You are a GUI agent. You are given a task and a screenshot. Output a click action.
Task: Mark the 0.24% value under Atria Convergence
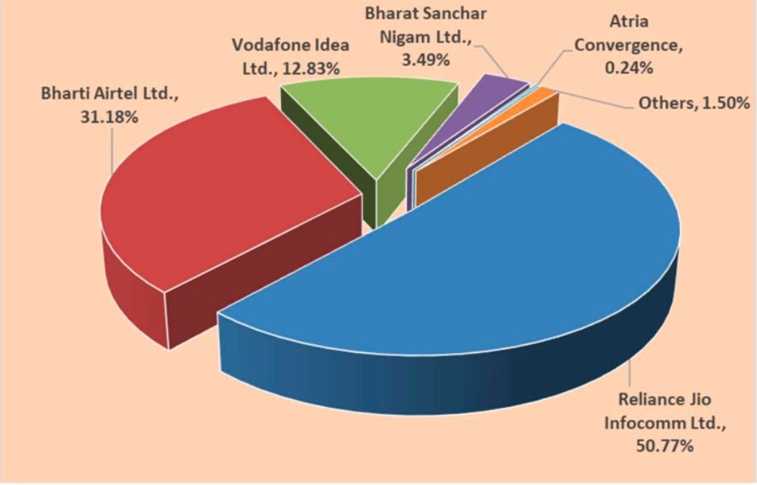(627, 69)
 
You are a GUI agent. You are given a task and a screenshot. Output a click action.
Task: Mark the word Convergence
(628, 46)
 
